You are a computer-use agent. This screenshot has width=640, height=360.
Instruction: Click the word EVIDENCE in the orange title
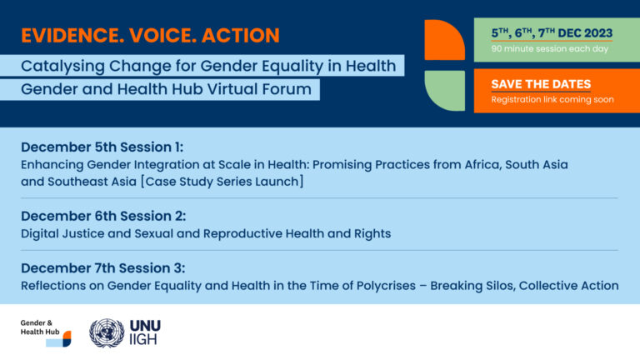(72, 35)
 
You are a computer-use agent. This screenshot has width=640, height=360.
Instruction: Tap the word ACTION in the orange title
(240, 35)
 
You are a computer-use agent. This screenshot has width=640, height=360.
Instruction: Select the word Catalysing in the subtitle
(62, 66)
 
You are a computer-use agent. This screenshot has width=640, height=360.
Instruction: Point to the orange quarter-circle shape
(444, 40)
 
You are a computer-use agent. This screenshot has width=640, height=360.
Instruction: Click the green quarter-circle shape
(445, 90)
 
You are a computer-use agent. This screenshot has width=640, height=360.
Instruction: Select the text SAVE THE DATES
(541, 84)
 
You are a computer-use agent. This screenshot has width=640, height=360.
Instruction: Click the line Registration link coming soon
(552, 100)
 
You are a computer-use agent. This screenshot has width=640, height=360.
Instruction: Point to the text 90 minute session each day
(549, 48)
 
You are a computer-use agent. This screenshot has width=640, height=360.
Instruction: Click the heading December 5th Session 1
(102, 147)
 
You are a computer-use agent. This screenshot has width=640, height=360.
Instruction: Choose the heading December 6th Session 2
(103, 216)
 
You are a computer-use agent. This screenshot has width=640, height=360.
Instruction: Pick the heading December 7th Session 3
(102, 268)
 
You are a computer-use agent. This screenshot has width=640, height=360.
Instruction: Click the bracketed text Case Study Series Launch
(222, 182)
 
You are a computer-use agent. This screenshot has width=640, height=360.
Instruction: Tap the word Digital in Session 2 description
(40, 234)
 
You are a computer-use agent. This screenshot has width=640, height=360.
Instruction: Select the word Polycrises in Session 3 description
(386, 286)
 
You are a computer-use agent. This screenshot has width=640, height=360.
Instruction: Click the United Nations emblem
(107, 333)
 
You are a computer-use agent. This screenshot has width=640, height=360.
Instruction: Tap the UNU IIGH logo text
(145, 332)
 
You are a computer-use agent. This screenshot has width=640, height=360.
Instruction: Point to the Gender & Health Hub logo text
(40, 327)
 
